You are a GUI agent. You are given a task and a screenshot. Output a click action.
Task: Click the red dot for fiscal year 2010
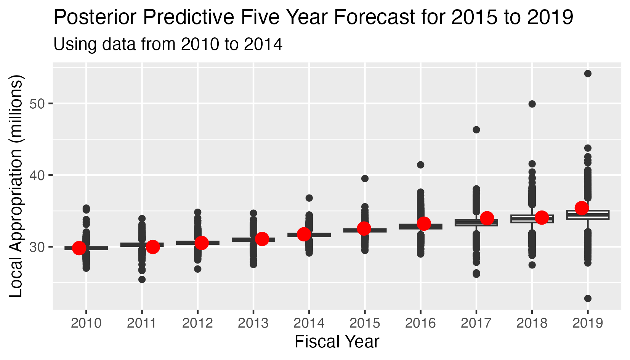79,247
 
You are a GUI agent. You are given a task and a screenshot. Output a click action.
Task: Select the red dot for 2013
262,239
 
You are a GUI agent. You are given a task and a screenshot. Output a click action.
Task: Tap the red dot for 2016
424,223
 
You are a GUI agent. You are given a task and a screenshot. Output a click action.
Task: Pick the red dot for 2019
582,208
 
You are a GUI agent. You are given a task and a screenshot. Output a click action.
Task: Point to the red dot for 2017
487,219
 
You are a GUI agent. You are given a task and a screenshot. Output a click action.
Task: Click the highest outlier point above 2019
588,74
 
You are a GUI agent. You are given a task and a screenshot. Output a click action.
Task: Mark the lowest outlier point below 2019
588,298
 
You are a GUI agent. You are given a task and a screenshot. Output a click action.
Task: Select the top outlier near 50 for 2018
532,104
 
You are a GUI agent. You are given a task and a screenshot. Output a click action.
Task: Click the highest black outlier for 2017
476,130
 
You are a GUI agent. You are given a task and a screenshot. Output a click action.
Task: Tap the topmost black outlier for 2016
421,165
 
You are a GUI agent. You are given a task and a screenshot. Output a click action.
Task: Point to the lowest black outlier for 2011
142,279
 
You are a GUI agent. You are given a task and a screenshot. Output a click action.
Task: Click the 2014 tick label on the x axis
309,323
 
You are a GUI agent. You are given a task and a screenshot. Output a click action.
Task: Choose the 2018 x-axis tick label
532,323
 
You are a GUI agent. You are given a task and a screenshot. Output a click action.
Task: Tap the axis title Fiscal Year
337,342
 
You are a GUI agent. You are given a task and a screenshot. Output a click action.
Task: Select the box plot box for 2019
588,215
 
